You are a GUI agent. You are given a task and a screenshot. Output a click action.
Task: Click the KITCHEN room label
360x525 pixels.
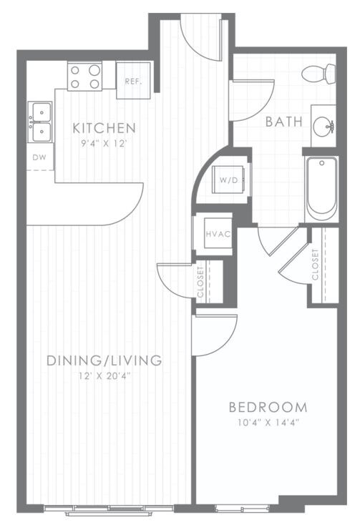click(x=104, y=129)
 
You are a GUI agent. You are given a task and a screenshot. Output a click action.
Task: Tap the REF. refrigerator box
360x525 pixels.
click(x=132, y=81)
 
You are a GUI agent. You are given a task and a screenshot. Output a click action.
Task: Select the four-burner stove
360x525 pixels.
click(x=84, y=76)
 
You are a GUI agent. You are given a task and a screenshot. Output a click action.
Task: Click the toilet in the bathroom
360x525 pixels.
click(x=320, y=73)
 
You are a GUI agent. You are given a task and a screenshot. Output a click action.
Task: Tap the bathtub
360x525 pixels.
click(x=322, y=189)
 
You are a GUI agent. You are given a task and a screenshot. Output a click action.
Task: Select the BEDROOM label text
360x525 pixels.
click(x=268, y=408)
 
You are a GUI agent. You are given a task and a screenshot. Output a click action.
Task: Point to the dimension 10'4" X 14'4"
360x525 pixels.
click(x=268, y=423)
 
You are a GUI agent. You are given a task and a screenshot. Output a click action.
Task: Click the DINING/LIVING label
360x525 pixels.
click(x=104, y=360)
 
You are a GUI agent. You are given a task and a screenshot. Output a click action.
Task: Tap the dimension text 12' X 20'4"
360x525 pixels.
click(x=104, y=375)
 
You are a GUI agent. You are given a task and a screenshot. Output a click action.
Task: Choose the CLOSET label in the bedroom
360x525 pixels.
click(x=315, y=263)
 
